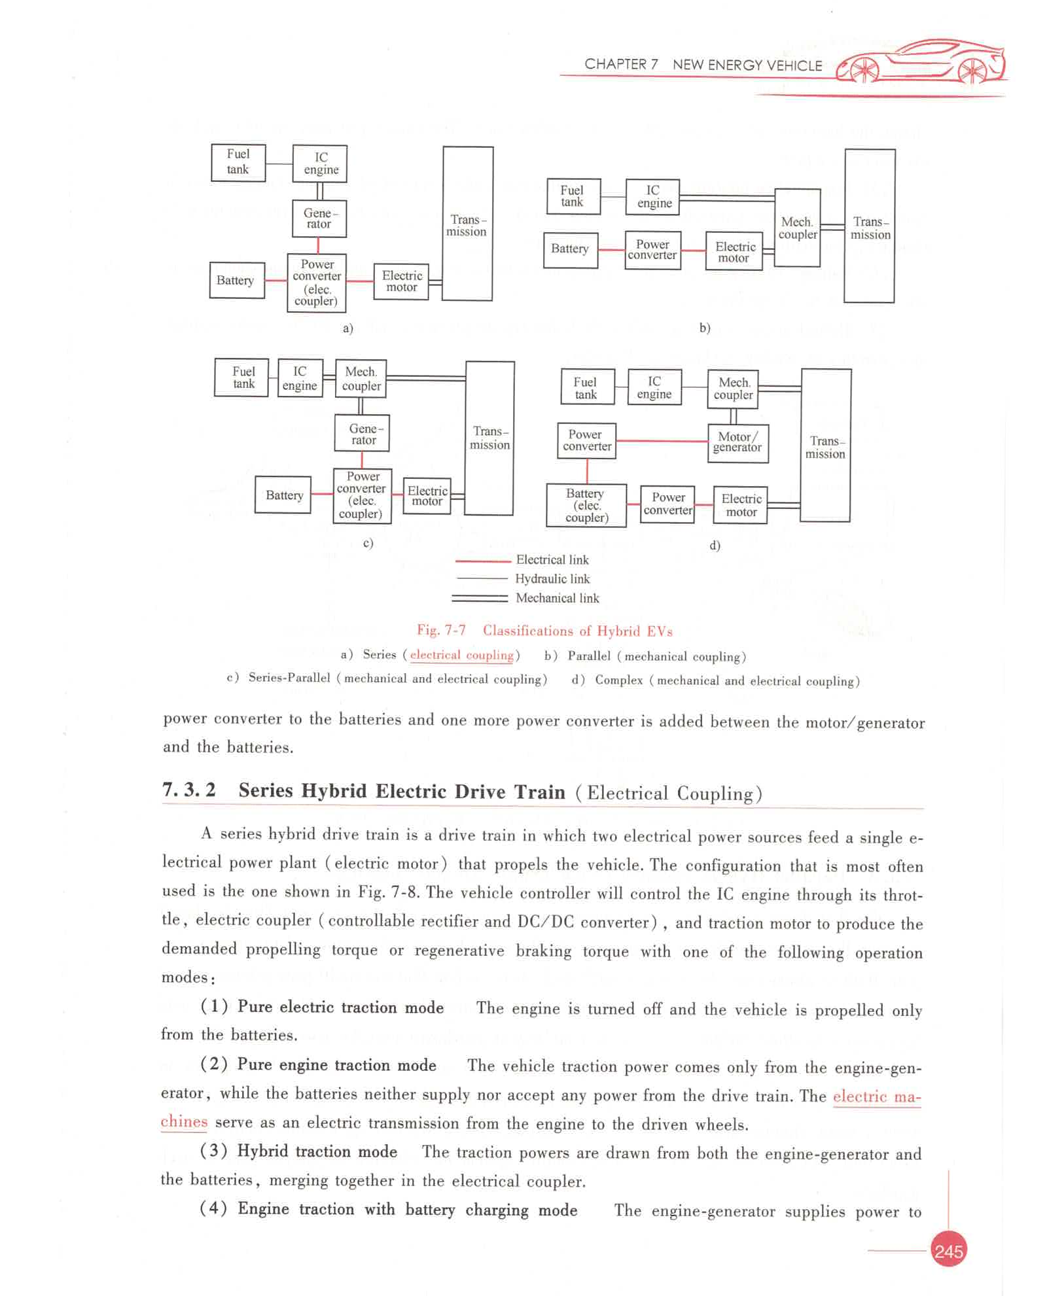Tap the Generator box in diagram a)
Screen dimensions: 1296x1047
coord(319,219)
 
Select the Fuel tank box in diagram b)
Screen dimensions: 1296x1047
coord(573,196)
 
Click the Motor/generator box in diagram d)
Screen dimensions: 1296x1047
coord(737,443)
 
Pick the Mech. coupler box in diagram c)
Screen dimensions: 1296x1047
coord(361,379)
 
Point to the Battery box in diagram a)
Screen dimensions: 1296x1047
coord(236,281)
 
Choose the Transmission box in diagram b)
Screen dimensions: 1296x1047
coord(869,226)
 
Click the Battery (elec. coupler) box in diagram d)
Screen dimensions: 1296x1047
coord(586,505)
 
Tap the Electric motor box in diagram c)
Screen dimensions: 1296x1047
coord(427,496)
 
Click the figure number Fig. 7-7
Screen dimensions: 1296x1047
coord(441,630)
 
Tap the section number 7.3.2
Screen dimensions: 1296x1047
coord(188,790)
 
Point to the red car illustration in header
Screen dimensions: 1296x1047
coord(922,62)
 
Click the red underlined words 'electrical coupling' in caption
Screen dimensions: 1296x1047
coord(461,655)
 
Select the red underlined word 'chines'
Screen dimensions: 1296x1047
coord(184,1122)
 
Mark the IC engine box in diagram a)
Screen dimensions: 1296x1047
coord(320,164)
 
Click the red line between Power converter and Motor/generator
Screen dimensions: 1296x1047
coord(662,441)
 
